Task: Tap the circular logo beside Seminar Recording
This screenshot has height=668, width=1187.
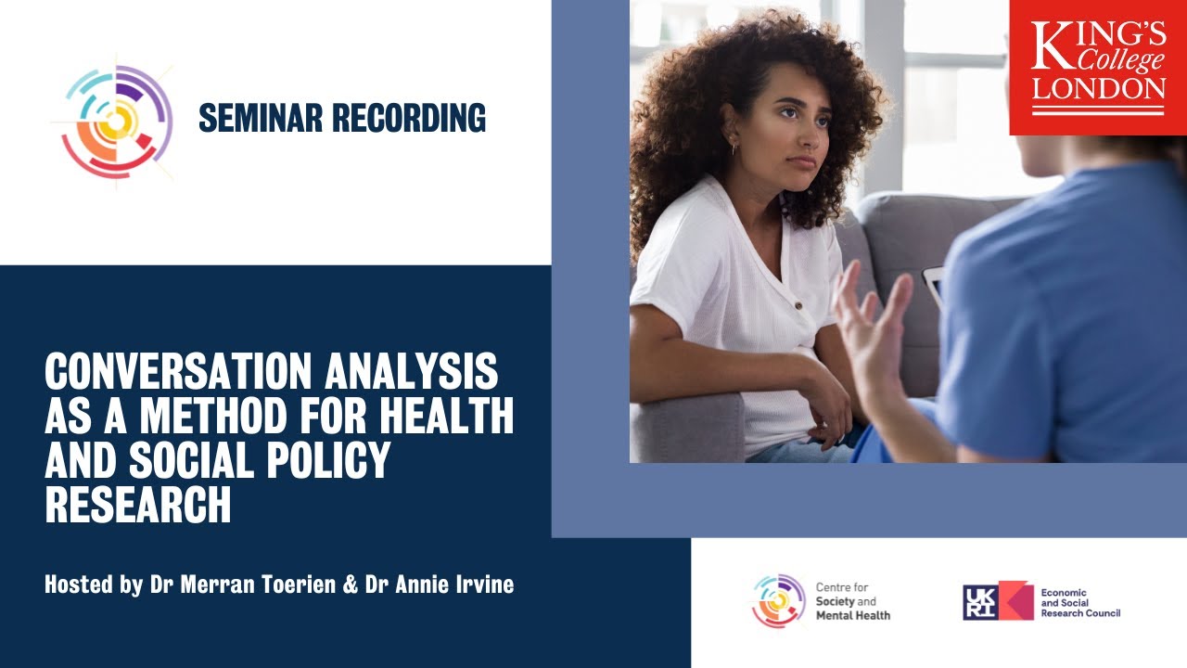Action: (x=112, y=121)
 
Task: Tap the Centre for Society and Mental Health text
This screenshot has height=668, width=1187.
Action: (x=851, y=601)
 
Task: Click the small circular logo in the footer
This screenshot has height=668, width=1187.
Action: (x=778, y=601)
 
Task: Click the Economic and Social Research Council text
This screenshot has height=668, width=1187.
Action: (x=1079, y=601)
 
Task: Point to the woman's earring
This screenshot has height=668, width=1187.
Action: (x=733, y=148)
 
